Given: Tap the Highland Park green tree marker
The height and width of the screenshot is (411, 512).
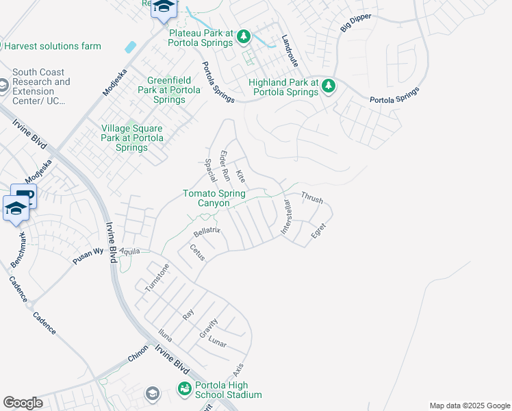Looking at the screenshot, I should tap(329, 86).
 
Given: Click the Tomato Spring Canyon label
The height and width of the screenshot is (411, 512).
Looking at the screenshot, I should tap(215, 198).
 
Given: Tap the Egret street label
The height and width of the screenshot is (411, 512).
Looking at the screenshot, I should tap(318, 232).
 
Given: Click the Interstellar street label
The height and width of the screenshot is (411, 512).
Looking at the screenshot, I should tap(286, 218).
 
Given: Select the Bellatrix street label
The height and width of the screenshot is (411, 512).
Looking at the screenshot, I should tap(205, 231).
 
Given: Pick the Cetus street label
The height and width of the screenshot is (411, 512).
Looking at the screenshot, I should tap(197, 253).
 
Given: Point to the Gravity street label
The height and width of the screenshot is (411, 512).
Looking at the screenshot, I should tap(208, 327).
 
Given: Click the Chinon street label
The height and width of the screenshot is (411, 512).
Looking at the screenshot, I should tap(138, 358).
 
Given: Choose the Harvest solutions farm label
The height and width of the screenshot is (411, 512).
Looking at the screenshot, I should tap(53, 47).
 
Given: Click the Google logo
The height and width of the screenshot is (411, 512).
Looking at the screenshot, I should tap(23, 403).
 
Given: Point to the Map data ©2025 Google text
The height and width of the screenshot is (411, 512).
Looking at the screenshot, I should tap(469, 406).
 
